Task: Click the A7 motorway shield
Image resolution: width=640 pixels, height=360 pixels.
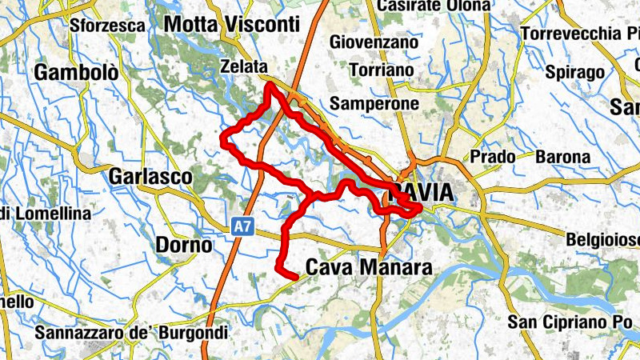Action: click(x=244, y=227)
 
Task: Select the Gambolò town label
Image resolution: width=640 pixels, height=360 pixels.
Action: click(x=76, y=74)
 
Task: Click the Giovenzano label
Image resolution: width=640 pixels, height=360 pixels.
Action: click(x=374, y=41)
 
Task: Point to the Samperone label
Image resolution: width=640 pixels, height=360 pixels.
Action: click(x=374, y=103)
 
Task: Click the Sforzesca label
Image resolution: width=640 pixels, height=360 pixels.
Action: click(x=107, y=26)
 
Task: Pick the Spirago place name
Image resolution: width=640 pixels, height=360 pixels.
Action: click(x=574, y=72)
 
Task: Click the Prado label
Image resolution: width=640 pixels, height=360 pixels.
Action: click(x=493, y=157)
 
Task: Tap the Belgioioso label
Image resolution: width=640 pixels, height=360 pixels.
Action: click(x=602, y=239)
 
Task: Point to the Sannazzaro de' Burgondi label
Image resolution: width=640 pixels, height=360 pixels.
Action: click(x=132, y=331)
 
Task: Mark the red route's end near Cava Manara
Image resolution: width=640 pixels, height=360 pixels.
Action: click(x=296, y=277)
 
